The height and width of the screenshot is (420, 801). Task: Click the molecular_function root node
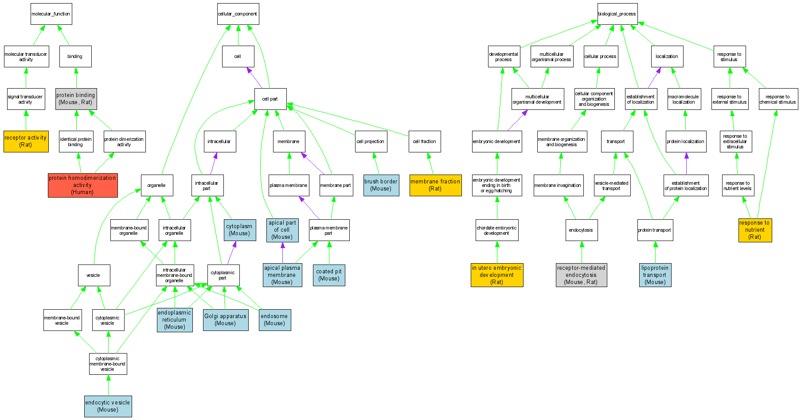click(x=51, y=14)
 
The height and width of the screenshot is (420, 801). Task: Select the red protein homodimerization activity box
click(x=83, y=185)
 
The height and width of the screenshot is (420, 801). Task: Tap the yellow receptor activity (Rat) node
click(x=26, y=141)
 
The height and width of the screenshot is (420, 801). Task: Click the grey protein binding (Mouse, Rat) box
click(x=76, y=99)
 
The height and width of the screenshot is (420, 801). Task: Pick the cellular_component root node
click(x=238, y=14)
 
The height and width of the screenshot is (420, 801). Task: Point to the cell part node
click(x=270, y=99)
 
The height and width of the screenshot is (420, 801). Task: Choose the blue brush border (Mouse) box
click(x=381, y=185)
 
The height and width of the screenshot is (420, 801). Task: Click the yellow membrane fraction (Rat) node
click(x=435, y=185)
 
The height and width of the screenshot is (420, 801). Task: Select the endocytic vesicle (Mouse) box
click(x=108, y=406)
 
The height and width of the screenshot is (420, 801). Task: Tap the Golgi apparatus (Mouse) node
click(x=225, y=320)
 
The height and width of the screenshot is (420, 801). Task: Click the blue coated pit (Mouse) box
click(x=329, y=275)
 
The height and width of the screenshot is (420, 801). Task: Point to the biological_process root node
click(x=617, y=14)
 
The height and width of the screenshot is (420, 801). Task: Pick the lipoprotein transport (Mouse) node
click(x=655, y=275)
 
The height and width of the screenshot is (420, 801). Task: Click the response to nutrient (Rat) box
click(x=755, y=230)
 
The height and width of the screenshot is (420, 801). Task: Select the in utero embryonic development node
click(x=496, y=275)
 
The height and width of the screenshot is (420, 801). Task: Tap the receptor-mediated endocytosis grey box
click(x=581, y=275)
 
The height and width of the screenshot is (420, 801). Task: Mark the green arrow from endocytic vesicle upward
click(x=108, y=385)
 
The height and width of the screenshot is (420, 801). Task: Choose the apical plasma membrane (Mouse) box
click(x=282, y=275)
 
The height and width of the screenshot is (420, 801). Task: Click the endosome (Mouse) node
click(x=274, y=320)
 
